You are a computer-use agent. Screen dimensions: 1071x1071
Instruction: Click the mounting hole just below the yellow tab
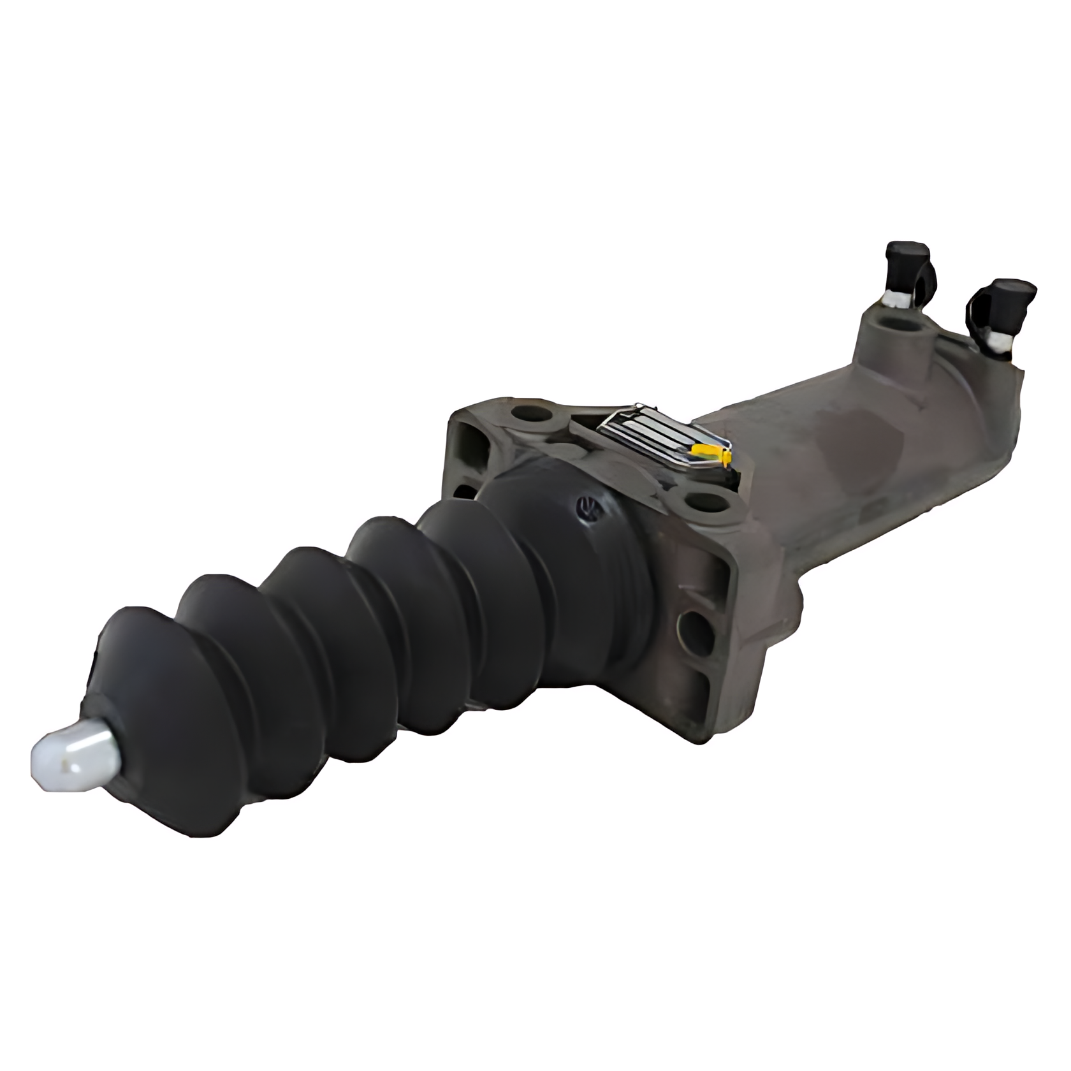tap(708, 503)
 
